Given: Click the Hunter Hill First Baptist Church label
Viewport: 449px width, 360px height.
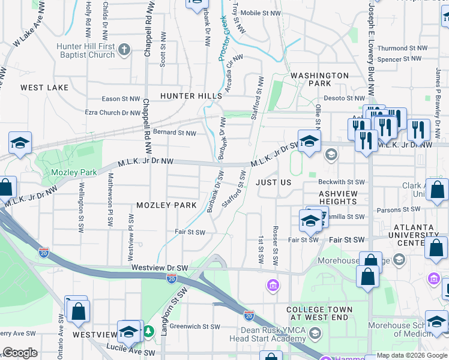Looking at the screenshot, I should pyautogui.click(x=85, y=50).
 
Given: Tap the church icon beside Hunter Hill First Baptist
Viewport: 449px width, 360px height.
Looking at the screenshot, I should pyautogui.click(x=125, y=49).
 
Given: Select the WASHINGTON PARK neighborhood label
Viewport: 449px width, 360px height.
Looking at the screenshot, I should pyautogui.click(x=319, y=80).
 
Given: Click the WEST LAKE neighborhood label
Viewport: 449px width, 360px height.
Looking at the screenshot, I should pyautogui.click(x=44, y=88).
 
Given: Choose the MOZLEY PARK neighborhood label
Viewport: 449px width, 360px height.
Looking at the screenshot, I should pyautogui.click(x=166, y=205).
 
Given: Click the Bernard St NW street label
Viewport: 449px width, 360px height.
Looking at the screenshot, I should pyautogui.click(x=174, y=133).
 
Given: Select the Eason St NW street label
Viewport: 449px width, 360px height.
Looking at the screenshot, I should pyautogui.click(x=121, y=99).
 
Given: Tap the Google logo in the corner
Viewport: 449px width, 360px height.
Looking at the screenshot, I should pyautogui.click(x=20, y=353).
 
